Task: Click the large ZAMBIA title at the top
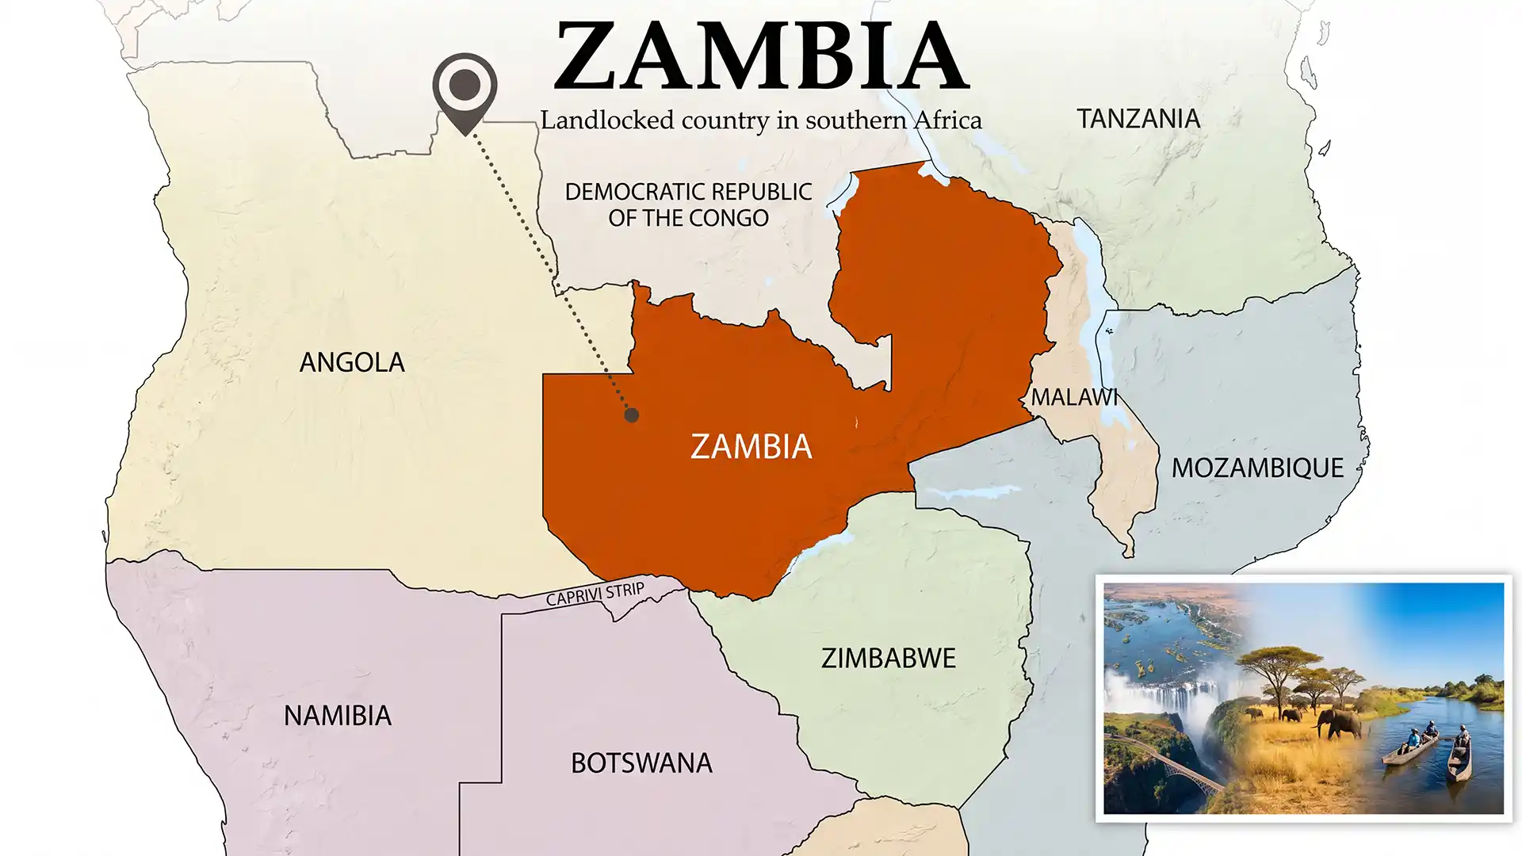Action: pyautogui.click(x=761, y=57)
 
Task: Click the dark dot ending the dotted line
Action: pyautogui.click(x=631, y=415)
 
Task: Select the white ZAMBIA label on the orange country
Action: pyautogui.click(x=751, y=447)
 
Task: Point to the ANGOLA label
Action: pyautogui.click(x=352, y=363)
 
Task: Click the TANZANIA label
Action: pyautogui.click(x=1138, y=119)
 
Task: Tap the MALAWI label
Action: pyautogui.click(x=1073, y=397)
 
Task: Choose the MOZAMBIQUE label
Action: pyautogui.click(x=1257, y=468)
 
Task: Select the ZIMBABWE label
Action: pyautogui.click(x=888, y=659)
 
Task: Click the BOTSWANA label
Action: pyautogui.click(x=641, y=763)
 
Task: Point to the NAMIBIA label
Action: pyautogui.click(x=338, y=717)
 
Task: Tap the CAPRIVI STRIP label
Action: pyautogui.click(x=595, y=594)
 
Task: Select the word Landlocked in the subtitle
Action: pyautogui.click(x=607, y=120)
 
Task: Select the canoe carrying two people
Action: pyautogui.click(x=1411, y=747)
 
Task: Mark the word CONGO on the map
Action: pyautogui.click(x=728, y=218)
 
